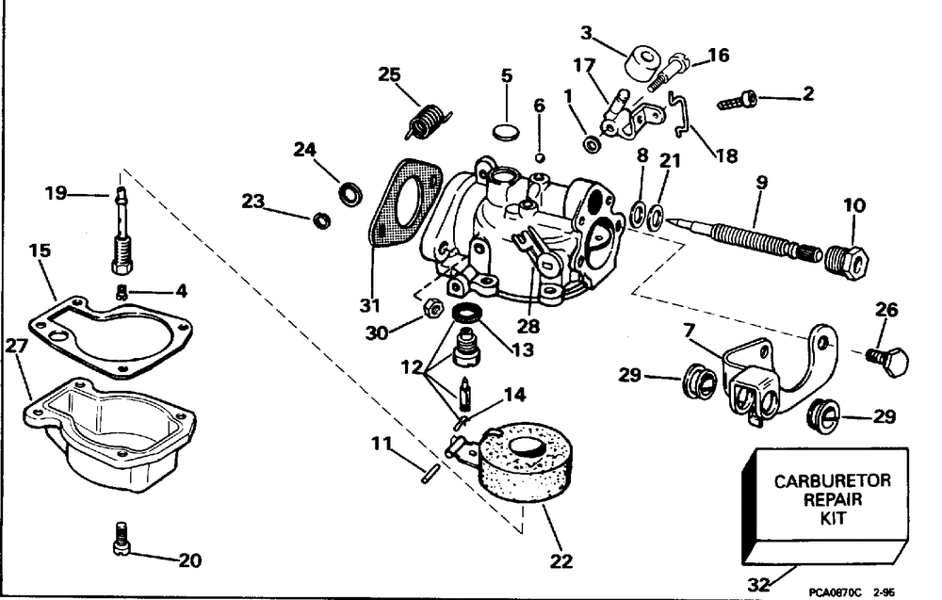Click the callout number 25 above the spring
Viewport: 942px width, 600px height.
390,73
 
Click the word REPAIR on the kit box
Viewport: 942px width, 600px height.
826,500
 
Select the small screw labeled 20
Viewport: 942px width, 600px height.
122,538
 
